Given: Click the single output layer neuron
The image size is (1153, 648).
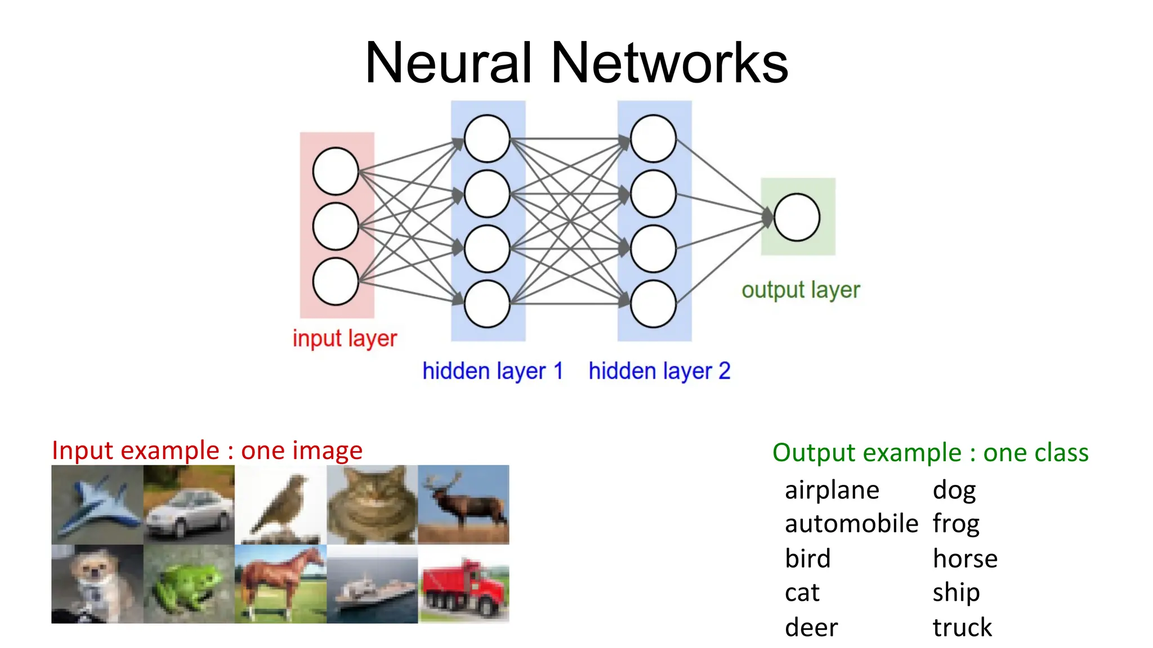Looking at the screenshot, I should (797, 217).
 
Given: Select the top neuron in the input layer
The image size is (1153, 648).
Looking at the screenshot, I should (336, 171).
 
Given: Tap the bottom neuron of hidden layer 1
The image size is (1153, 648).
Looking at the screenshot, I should (487, 304).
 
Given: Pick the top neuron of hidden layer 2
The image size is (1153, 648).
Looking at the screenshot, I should (653, 138).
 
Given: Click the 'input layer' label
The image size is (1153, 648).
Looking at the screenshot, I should (345, 339).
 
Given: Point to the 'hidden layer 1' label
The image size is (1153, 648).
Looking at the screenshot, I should (493, 371).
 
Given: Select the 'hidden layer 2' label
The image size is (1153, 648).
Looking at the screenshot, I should (659, 371).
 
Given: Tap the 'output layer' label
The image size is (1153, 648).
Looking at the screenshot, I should (801, 290).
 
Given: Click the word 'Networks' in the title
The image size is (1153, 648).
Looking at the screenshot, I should (669, 63).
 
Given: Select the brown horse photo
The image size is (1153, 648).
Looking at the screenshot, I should (280, 584).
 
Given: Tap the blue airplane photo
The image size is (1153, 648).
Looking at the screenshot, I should (97, 505).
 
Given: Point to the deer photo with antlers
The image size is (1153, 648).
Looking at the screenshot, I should (464, 505).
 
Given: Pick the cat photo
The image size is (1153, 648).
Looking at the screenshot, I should (372, 505).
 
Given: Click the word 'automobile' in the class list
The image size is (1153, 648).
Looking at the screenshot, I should (851, 524).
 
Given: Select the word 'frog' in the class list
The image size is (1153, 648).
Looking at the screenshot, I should (956, 524).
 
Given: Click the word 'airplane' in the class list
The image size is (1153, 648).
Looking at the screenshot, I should (832, 490).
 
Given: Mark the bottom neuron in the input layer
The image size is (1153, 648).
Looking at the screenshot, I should (336, 281).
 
